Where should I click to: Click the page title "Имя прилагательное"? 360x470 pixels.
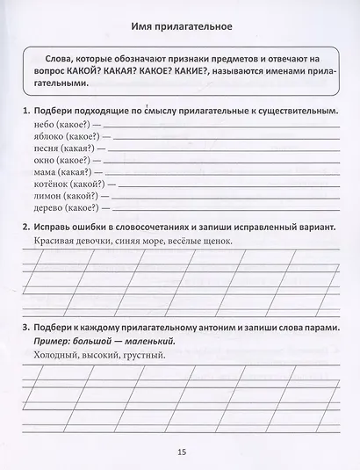click(x=179, y=24)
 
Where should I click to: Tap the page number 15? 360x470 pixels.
click(x=181, y=452)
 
